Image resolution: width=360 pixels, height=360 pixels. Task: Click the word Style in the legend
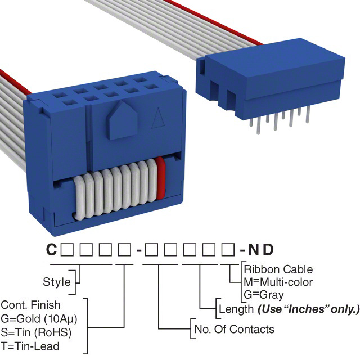[x=57, y=282]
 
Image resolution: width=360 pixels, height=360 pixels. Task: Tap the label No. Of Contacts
[x=234, y=329]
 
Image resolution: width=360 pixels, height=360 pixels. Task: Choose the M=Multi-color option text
[x=278, y=282]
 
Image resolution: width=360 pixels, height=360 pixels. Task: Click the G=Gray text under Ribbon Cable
[x=264, y=294]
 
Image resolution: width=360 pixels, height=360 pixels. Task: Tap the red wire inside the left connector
[x=161, y=179]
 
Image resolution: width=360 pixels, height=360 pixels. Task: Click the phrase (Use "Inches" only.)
[x=308, y=308]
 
